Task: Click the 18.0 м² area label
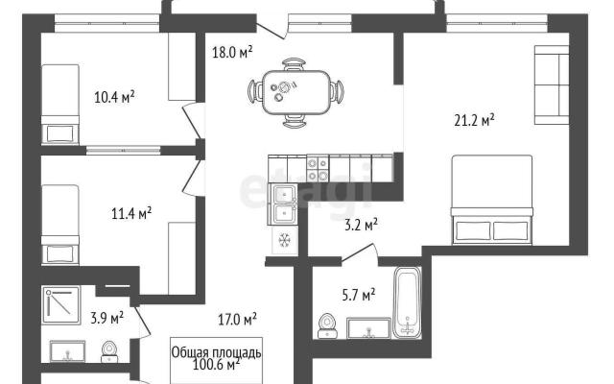pos(232,52)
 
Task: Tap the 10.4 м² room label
pos(114,96)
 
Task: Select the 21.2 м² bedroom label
pos(474,120)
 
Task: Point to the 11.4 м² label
pos(131,213)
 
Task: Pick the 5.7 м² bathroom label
pos(359,295)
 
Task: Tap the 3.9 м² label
pos(106,318)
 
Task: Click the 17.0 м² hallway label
pos(237,320)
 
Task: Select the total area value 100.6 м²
pos(216,365)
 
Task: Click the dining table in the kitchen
pos(295,92)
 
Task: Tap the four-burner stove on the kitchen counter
pos(318,169)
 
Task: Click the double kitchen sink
pos(282,204)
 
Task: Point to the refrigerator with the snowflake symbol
pos(285,239)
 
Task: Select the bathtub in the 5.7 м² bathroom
pos(407,301)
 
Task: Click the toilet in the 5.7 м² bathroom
pos(327,326)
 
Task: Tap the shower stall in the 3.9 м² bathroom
pos(61,305)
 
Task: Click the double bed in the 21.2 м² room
pos(492,200)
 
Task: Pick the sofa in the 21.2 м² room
pos(552,85)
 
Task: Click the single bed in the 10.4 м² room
pos(60,104)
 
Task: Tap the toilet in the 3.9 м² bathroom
pos(109,352)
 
